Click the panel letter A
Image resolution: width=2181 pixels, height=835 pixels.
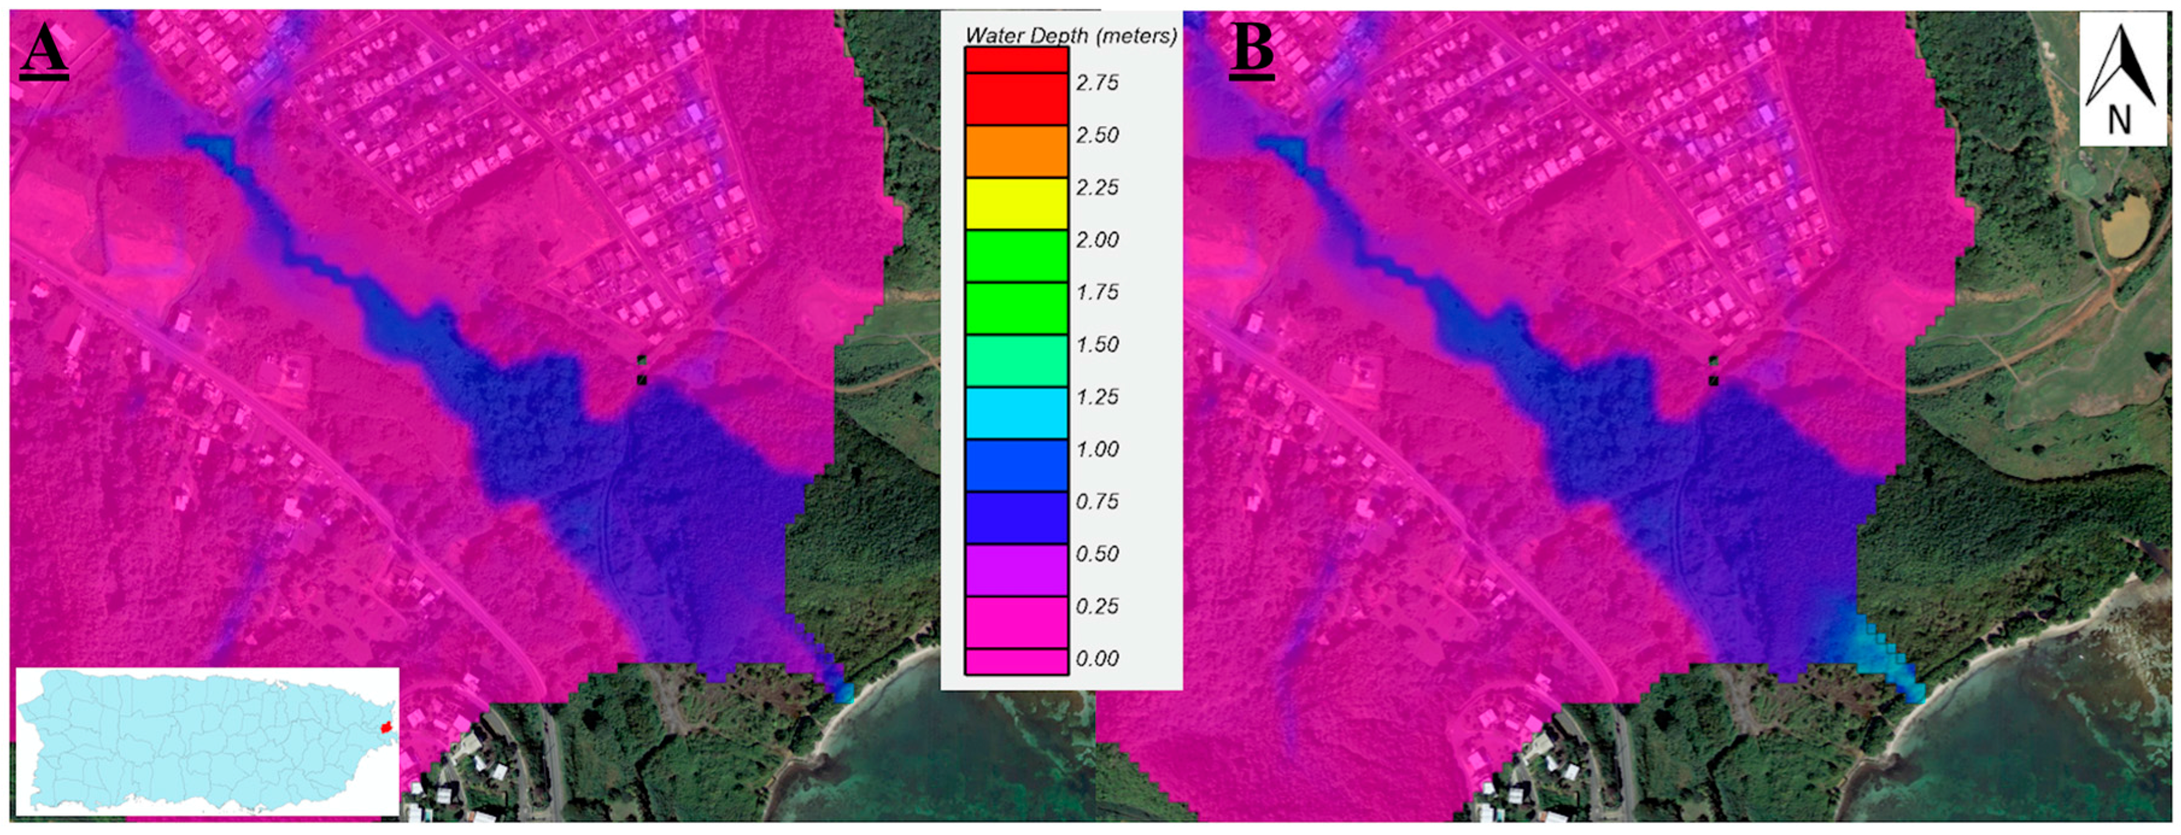[x=43, y=50]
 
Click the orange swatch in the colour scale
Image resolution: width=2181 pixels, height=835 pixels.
[x=1016, y=151]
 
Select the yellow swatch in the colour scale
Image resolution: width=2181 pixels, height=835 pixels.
[x=1016, y=203]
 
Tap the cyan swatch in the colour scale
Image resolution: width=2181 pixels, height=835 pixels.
[x=1016, y=413]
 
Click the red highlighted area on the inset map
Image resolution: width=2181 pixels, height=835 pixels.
[x=387, y=727]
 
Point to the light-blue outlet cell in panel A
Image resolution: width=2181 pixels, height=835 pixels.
[x=843, y=693]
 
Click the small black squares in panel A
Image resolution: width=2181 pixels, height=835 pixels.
[x=642, y=370]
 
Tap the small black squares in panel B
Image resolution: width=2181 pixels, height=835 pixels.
[x=1714, y=371]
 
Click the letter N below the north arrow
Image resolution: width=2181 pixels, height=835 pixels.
[x=2119, y=121]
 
